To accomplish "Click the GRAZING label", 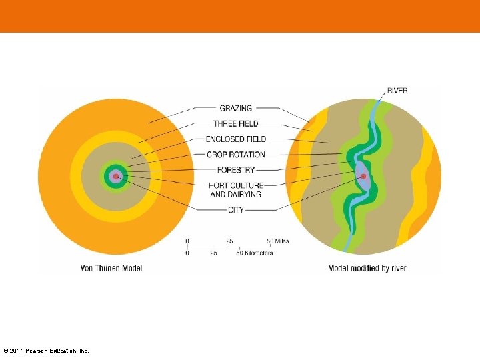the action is pos(236,108).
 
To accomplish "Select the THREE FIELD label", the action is pos(235,123).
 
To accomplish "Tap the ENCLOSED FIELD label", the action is pos(235,139).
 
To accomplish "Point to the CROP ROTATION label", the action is pos(235,155).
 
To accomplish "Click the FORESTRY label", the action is pos(236,170).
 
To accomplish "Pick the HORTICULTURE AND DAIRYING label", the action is pos(235,189).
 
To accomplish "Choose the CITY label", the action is pos(236,210).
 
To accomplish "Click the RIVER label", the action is pos(397,91).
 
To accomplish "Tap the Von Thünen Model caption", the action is pos(111,268).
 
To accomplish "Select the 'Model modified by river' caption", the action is pos(367,268).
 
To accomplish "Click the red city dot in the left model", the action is pos(116,177).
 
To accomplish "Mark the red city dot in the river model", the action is pos(363,177).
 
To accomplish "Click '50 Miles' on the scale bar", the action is pos(278,241).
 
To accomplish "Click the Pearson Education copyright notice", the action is pos(46,351).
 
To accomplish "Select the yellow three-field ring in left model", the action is pos(77,177).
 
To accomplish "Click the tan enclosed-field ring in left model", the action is pos(90,177).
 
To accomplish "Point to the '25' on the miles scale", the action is pos(229,241).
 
